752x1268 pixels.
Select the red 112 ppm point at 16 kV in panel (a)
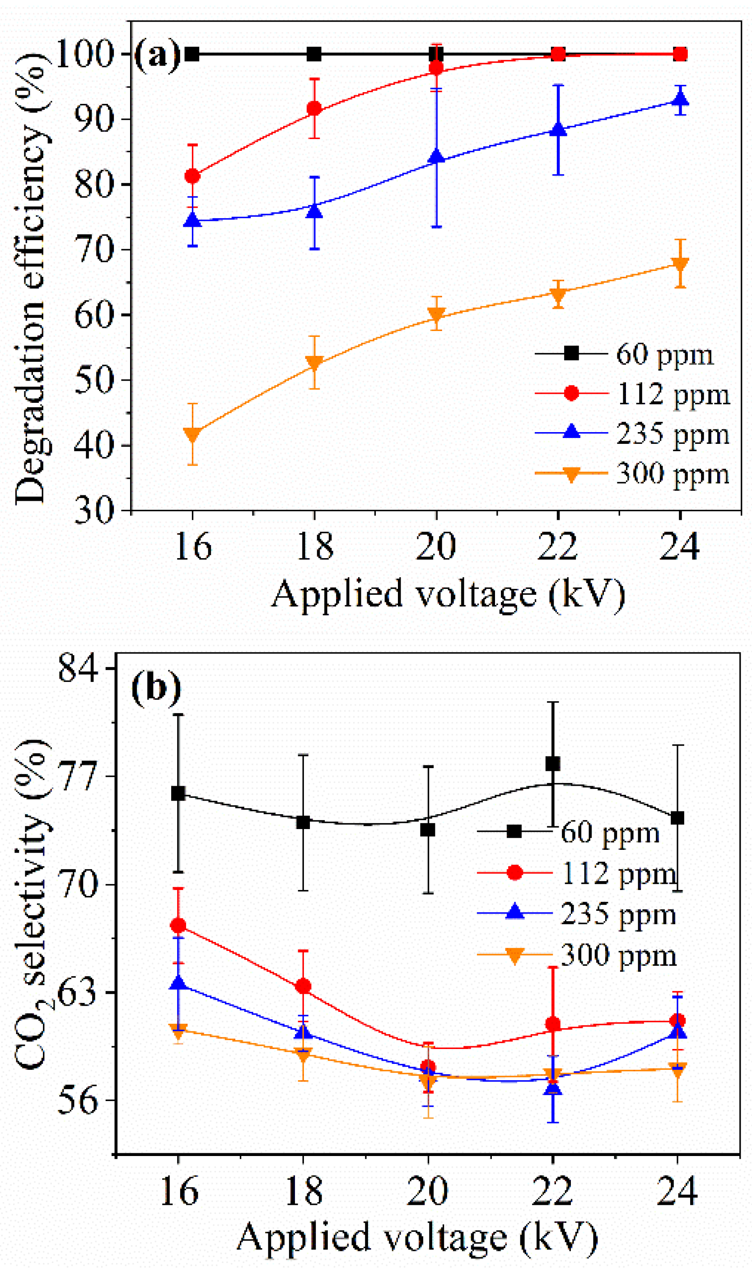pos(192,176)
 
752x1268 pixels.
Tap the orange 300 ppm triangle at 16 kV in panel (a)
pos(192,435)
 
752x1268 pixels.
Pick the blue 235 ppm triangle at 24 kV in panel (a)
pos(680,98)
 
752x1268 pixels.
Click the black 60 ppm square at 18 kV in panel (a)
pos(314,54)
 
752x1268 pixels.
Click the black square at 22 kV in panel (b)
pos(552,764)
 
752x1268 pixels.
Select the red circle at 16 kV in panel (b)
pos(178,926)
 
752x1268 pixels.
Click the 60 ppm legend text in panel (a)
pos(664,354)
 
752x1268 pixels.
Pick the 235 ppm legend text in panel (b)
pos(618,914)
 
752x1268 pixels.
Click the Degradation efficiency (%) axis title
pos(32,279)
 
